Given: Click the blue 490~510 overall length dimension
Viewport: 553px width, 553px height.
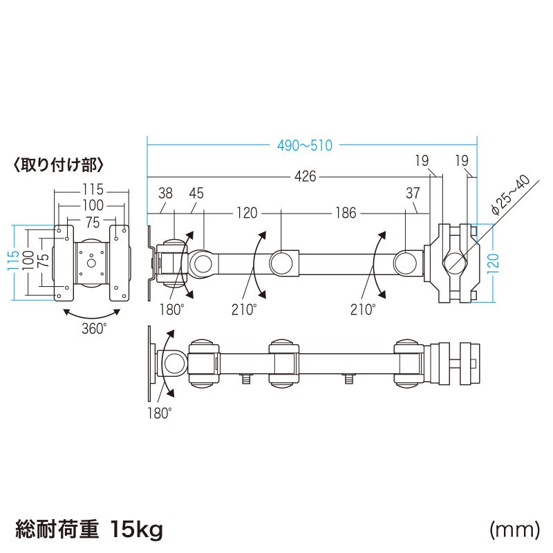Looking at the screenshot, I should pyautogui.click(x=305, y=146).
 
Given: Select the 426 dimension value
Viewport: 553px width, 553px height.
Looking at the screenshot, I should pyautogui.click(x=305, y=177).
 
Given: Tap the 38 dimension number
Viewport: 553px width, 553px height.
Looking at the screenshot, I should pyautogui.click(x=165, y=194).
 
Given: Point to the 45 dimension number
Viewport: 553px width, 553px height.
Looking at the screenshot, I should pyautogui.click(x=196, y=194).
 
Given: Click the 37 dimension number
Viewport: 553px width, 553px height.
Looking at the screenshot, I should pyautogui.click(x=413, y=194).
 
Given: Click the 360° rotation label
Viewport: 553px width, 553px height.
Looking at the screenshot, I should pyautogui.click(x=94, y=329).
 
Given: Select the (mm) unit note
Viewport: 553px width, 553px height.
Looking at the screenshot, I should pyautogui.click(x=514, y=530).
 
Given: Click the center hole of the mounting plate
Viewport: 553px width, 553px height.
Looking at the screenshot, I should pyautogui.click(x=91, y=262).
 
